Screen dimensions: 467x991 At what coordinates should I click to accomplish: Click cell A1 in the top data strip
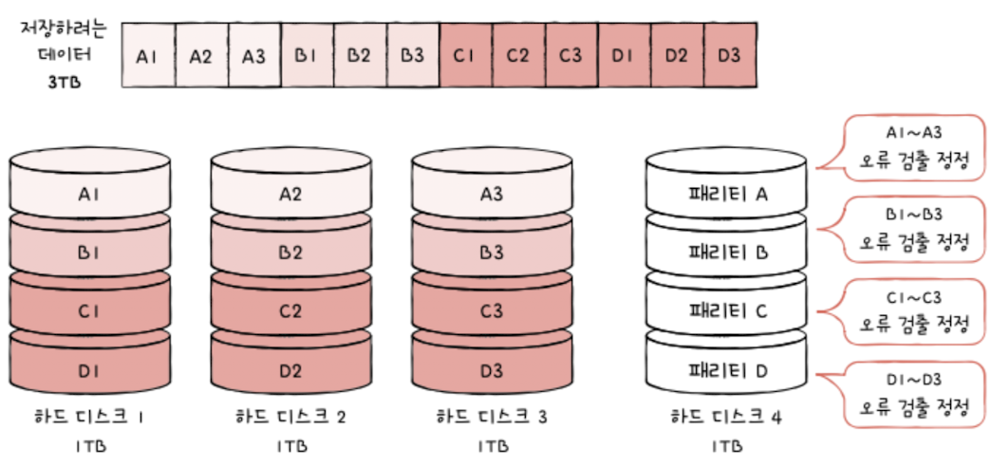pos(147,56)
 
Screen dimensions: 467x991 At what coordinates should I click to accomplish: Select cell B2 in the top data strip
pos(359,56)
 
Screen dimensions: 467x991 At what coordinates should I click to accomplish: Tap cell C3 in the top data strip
pos(570,56)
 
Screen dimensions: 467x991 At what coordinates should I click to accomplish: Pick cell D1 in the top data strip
pos(623,56)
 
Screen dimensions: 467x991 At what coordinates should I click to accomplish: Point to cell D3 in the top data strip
pos(729,56)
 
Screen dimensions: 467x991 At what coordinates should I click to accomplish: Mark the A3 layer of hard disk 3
pos(491,195)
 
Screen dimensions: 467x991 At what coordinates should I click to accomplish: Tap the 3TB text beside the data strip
pos(64,82)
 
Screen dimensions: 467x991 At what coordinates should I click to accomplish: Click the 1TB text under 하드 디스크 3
pos(491,445)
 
